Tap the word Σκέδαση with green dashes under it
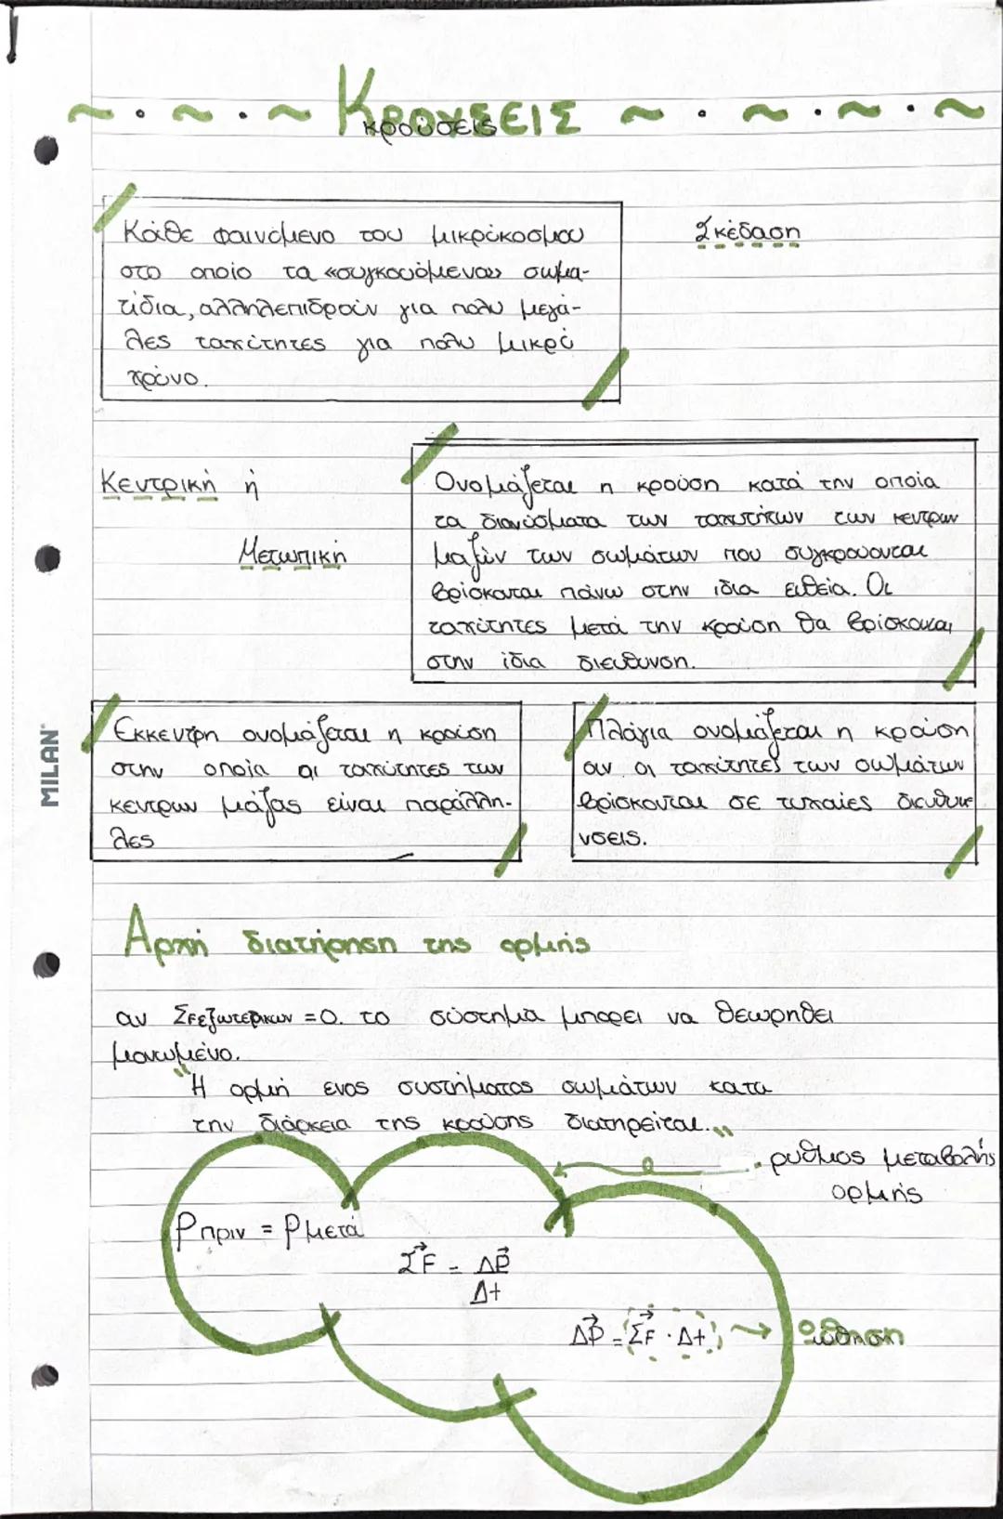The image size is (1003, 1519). (x=747, y=231)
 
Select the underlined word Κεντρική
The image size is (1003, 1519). (x=157, y=483)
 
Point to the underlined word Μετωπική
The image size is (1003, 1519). (x=292, y=556)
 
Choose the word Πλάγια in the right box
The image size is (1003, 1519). (x=631, y=732)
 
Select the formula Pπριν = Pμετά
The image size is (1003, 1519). (x=269, y=1231)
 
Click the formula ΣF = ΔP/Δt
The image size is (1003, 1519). (x=454, y=1273)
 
